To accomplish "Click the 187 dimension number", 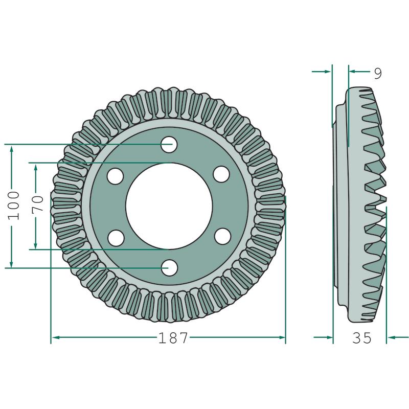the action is pyautogui.click(x=173, y=338).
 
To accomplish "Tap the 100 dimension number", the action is pyautogui.click(x=14, y=206).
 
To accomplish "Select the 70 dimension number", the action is pyautogui.click(x=37, y=204).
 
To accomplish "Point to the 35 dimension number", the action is pyautogui.click(x=361, y=338).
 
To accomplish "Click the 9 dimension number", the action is pyautogui.click(x=378, y=73).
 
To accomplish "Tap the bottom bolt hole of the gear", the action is pyautogui.click(x=169, y=267).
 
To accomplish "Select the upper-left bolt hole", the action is pyautogui.click(x=116, y=176).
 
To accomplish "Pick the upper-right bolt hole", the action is pyautogui.click(x=221, y=174).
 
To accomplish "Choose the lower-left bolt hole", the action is pyautogui.click(x=116, y=238).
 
